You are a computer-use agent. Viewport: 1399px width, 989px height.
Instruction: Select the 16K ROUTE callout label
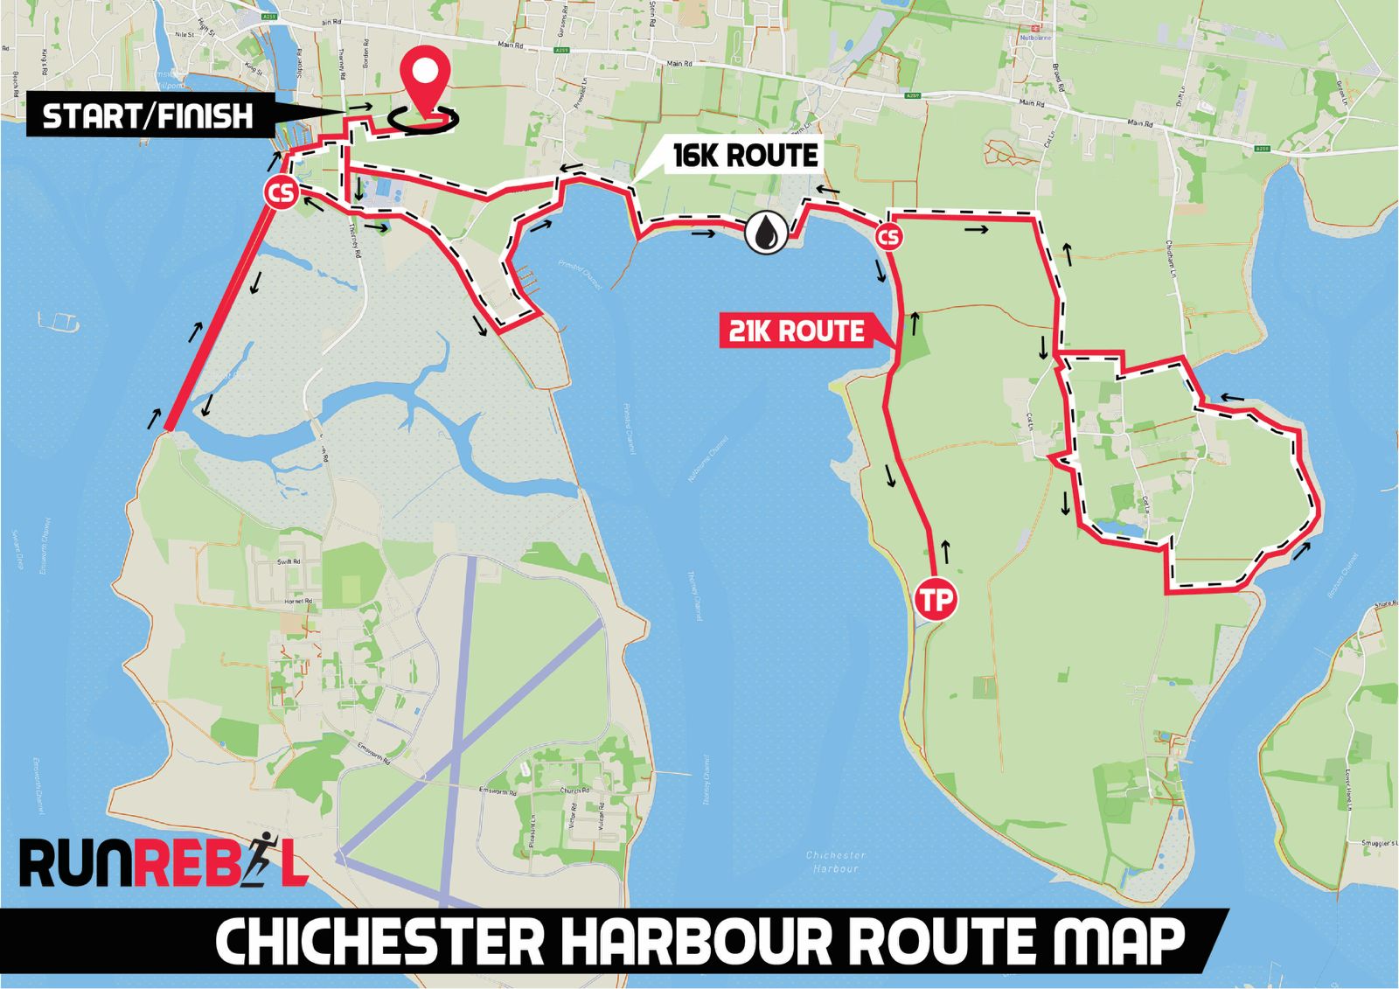(x=745, y=156)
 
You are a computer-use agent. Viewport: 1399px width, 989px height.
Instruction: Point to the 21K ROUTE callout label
(x=797, y=331)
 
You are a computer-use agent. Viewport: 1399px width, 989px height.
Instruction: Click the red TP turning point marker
(x=935, y=600)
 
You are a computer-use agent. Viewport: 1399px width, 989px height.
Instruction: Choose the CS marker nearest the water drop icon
(x=887, y=237)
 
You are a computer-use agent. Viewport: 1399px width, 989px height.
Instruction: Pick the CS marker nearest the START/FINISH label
(x=282, y=193)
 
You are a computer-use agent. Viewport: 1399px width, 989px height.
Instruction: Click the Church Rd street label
(x=570, y=791)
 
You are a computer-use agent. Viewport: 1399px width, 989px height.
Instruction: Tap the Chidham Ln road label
(x=1173, y=254)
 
